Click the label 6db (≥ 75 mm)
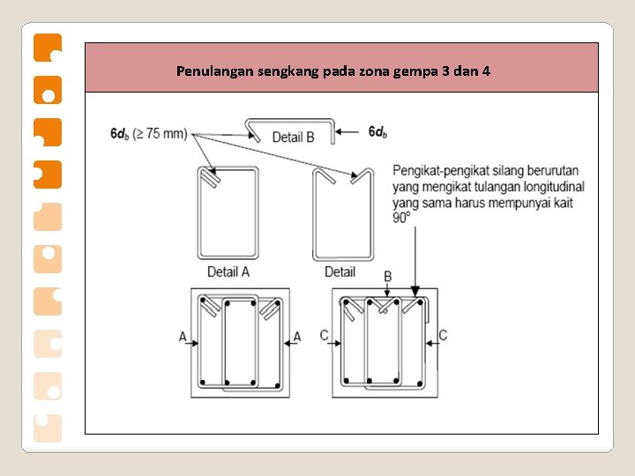tap(149, 134)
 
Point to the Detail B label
tap(293, 137)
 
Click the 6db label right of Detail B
tap(377, 132)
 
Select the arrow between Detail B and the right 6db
tap(350, 132)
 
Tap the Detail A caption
tap(228, 271)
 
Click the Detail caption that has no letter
tap(340, 271)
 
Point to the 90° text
tap(403, 217)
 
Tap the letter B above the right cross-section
tap(388, 277)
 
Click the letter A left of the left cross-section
tap(183, 336)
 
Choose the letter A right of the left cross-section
tap(297, 336)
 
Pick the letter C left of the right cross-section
tap(325, 335)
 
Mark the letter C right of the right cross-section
tap(443, 335)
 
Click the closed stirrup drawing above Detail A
tap(228, 213)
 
